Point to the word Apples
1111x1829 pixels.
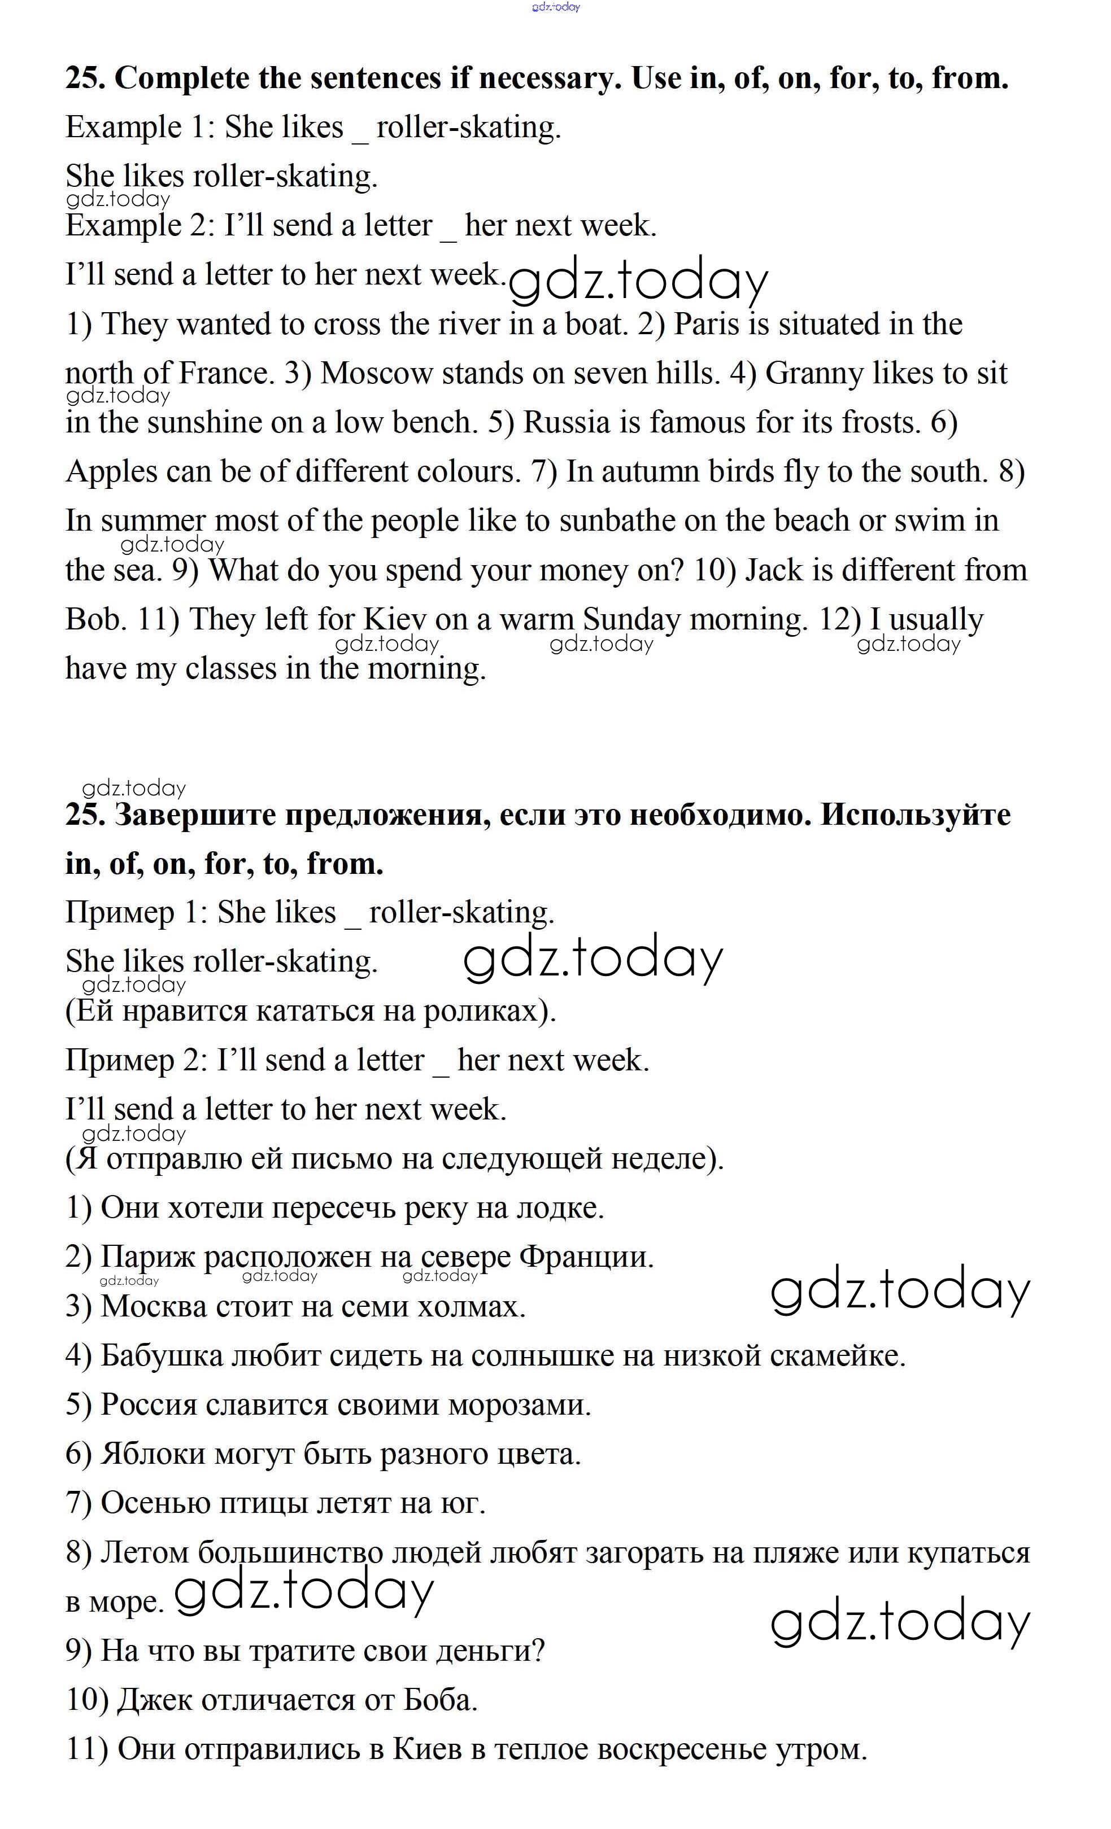(111, 472)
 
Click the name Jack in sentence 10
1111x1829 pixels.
(774, 570)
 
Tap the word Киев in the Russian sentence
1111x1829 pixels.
(427, 1748)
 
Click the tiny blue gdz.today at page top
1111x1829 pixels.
(556, 7)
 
